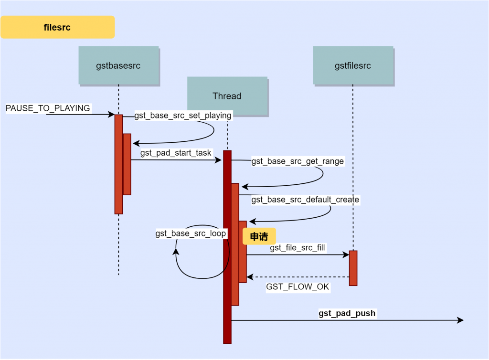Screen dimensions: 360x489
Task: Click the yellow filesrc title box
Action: pos(57,27)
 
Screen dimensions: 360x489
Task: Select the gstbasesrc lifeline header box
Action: pos(118,65)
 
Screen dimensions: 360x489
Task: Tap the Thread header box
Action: pos(227,96)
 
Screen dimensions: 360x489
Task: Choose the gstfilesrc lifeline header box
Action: pos(353,65)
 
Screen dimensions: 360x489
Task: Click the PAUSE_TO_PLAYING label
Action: pos(48,108)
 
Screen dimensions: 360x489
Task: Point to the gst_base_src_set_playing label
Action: pos(183,116)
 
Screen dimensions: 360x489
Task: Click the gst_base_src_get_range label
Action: pos(298,161)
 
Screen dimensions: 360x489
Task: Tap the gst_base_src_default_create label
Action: pos(305,199)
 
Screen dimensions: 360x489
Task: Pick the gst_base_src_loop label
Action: pos(191,233)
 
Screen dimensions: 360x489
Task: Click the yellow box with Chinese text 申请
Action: pos(259,236)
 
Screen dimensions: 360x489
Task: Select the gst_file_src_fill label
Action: pos(298,247)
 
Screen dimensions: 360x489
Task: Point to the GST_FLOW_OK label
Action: pos(298,287)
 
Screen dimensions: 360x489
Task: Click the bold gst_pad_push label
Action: pos(347,313)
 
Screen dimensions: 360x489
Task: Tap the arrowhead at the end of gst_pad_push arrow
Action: pos(460,320)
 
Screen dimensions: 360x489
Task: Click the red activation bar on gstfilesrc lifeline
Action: pos(353,268)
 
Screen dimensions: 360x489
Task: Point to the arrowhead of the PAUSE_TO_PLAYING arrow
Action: pos(111,115)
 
